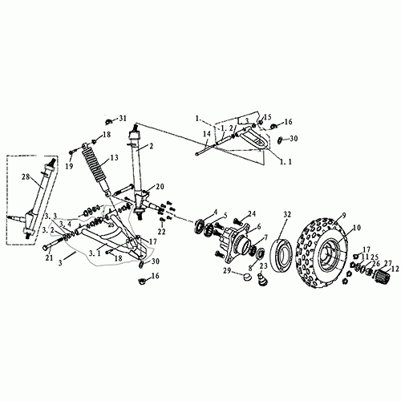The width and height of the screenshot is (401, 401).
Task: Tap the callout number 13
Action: (115, 157)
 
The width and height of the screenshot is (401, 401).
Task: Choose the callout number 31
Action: (123, 119)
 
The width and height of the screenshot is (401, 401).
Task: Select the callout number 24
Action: (252, 214)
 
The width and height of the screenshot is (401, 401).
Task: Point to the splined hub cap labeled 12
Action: (384, 282)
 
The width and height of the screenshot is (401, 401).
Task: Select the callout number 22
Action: (161, 232)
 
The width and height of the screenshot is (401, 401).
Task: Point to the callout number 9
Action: (342, 216)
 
